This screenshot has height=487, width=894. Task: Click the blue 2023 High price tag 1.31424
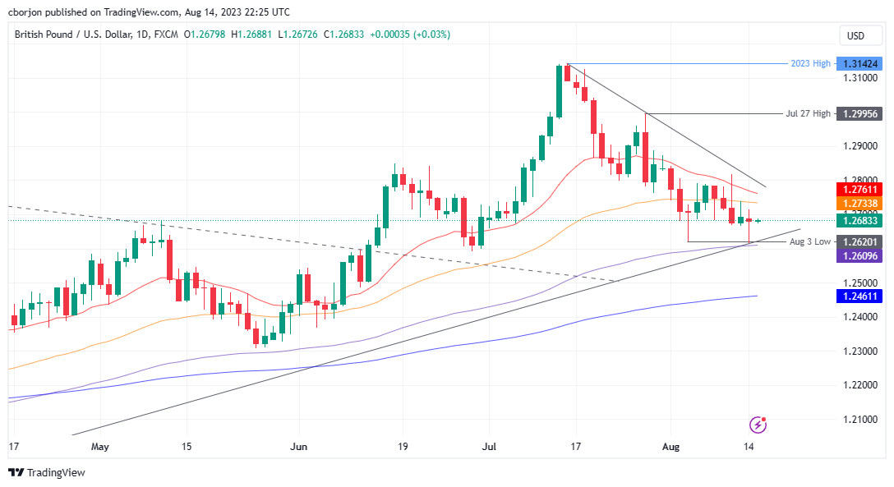[858, 63]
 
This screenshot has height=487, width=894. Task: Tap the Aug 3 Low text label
[809, 242]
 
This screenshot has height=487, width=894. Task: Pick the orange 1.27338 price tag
[858, 204]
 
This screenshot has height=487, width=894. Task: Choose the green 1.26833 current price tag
[858, 220]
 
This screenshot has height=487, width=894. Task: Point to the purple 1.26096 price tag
[858, 256]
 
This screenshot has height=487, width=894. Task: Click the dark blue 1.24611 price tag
[858, 296]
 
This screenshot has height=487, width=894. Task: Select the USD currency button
[855, 35]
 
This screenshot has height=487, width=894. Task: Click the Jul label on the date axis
[489, 447]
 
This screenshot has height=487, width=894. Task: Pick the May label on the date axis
[99, 447]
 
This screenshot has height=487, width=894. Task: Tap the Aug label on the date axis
[671, 447]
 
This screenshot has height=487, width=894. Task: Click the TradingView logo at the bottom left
[47, 472]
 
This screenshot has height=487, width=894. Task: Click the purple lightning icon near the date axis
[758, 425]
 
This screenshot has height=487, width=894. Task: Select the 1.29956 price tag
[858, 114]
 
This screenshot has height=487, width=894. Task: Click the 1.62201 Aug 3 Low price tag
[858, 242]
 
